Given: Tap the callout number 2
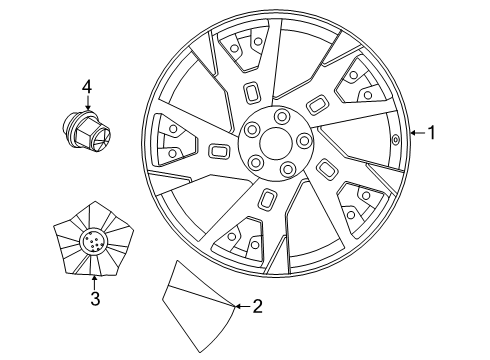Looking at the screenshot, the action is [257, 307].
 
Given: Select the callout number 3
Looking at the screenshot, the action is [94, 299].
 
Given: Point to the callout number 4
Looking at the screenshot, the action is [87, 90].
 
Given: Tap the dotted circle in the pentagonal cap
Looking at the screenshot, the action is [93, 241].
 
